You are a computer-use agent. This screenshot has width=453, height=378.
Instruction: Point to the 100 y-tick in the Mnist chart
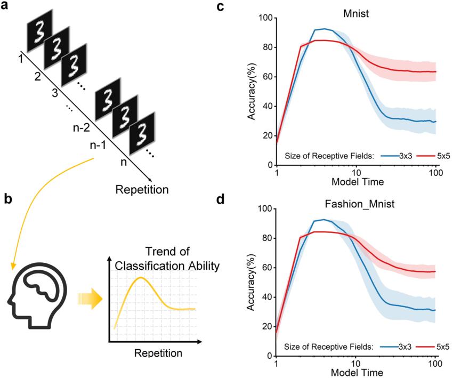tap(265, 18)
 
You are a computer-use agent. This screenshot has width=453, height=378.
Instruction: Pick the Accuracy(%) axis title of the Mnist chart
tap(249, 92)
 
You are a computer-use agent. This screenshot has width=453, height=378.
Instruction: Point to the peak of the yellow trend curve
tap(140, 278)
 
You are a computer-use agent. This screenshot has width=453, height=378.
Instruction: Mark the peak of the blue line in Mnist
tap(325, 29)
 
